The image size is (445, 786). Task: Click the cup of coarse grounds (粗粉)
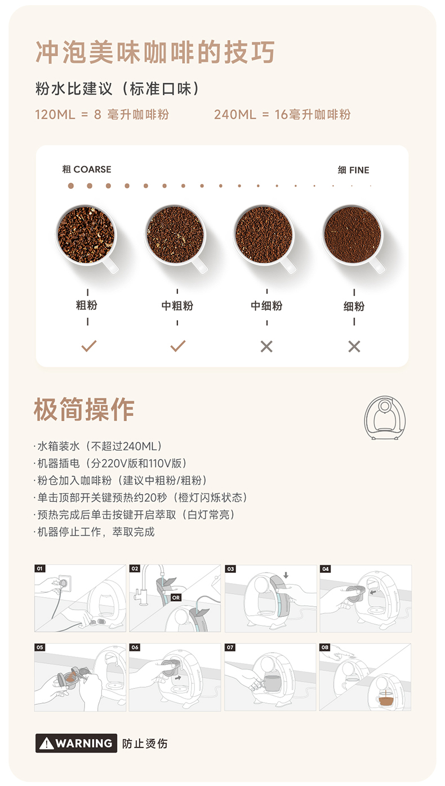pos(86,235)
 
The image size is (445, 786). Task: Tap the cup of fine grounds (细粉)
pos(353,235)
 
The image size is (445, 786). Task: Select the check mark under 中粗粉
pos(178,346)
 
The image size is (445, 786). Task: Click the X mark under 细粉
pos(354,347)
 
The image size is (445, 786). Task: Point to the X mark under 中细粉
pos(266,347)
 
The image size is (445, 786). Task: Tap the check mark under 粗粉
pos(89,346)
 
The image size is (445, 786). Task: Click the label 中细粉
pos(266,306)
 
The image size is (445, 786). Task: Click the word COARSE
pos(92,170)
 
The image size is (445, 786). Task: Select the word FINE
pos(359,170)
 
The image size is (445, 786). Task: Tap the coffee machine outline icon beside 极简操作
pos(385,418)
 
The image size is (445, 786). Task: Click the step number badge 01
pos(40,568)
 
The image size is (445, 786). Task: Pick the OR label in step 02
pos(176,597)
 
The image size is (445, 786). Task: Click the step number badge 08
pos(325,647)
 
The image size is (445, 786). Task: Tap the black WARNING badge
pos(76,743)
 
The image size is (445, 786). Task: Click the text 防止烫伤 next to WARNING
pos(145,743)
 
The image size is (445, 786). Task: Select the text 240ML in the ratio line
pos(235,114)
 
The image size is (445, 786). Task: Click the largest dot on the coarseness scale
pos(71,186)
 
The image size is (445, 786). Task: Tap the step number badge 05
pos(40,647)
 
